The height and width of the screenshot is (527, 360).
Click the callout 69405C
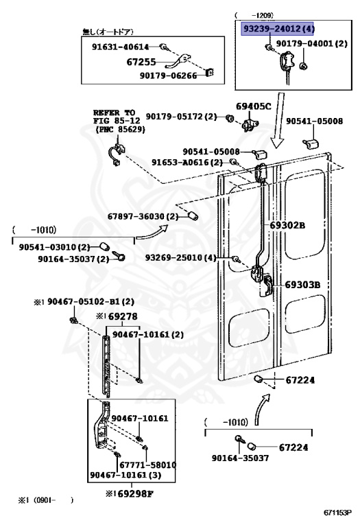[254, 106]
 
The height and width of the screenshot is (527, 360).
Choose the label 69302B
[287, 224]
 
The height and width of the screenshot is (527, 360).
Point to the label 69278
[117, 316]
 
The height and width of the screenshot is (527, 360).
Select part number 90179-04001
[312, 43]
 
